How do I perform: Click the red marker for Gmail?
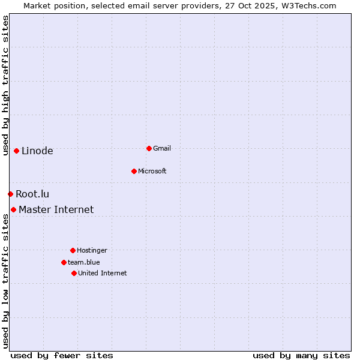click(x=149, y=148)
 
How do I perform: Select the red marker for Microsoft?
click(x=134, y=171)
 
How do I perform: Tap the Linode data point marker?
click(x=16, y=151)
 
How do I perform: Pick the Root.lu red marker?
click(x=10, y=194)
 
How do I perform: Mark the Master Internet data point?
click(x=13, y=209)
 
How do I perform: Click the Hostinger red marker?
click(x=73, y=250)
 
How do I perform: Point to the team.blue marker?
click(x=64, y=262)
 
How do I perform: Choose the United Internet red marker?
click(x=74, y=273)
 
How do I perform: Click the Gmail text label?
click(x=162, y=148)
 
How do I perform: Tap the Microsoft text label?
click(x=152, y=171)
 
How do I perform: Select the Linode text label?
click(x=37, y=151)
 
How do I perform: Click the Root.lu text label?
click(x=32, y=194)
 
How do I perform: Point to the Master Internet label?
click(x=56, y=209)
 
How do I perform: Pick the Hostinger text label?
click(x=92, y=250)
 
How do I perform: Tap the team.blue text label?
click(x=84, y=262)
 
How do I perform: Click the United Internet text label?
click(x=103, y=273)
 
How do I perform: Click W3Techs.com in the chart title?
click(x=308, y=5)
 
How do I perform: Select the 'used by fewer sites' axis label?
click(x=62, y=355)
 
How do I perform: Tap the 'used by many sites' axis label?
click(x=301, y=355)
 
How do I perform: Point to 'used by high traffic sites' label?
click(x=5, y=85)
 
